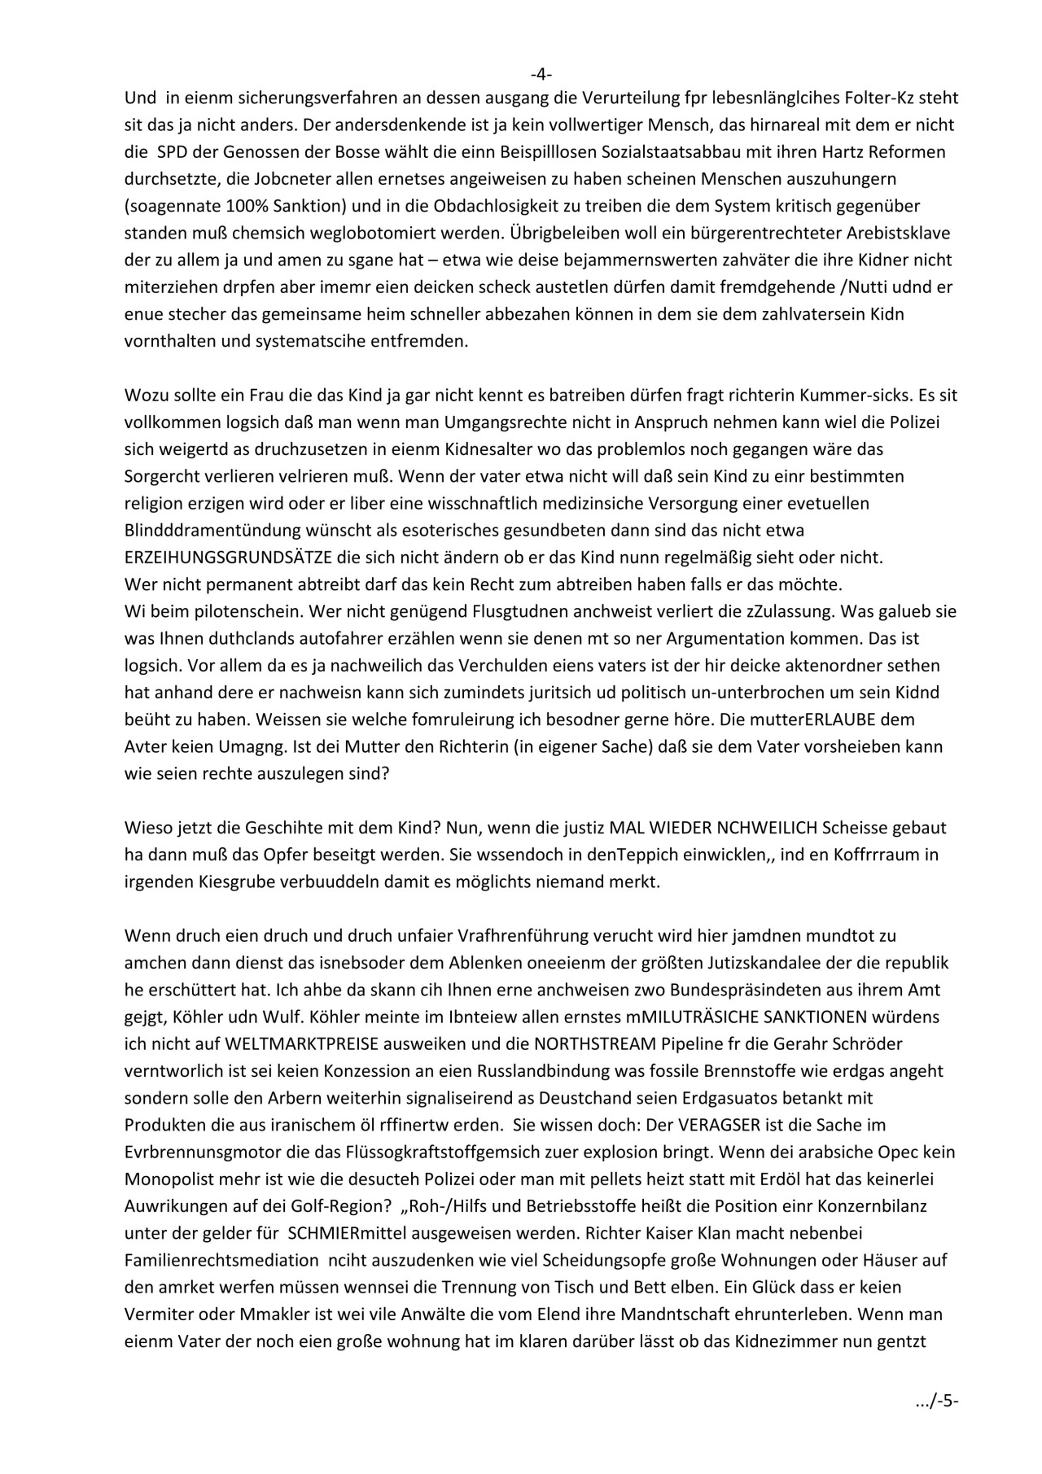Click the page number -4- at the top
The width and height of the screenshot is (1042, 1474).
tap(541, 74)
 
